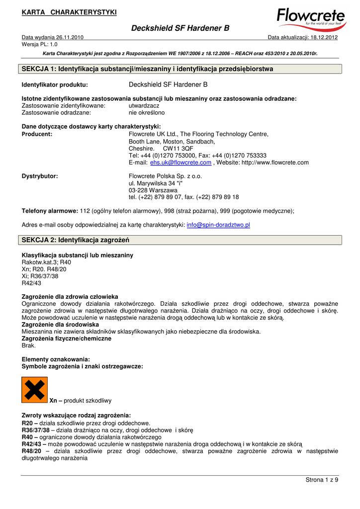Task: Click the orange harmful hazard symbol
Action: [x=35, y=390]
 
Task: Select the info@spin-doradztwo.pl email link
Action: [x=218, y=225]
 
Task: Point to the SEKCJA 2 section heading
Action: [x=75, y=240]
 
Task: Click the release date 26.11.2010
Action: [x=67, y=37]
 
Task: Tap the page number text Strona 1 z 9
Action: [x=321, y=479]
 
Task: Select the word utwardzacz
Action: [x=144, y=106]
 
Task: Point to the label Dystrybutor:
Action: [x=40, y=176]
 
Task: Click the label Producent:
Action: [x=37, y=134]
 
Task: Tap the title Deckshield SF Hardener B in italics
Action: [x=180, y=29]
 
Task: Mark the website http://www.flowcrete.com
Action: [x=275, y=163]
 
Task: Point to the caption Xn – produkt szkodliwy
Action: [x=81, y=400]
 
